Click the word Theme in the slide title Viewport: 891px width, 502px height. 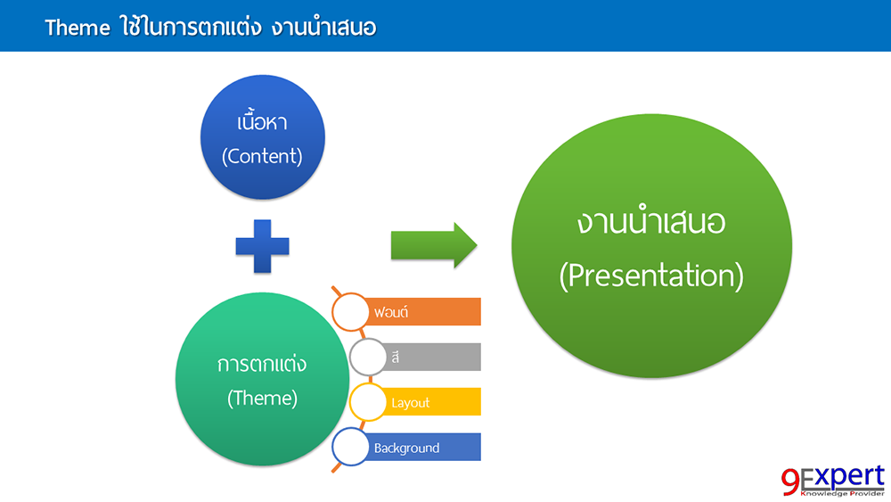pos(77,28)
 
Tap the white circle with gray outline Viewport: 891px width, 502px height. pos(368,357)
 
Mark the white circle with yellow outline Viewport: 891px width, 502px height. pos(368,402)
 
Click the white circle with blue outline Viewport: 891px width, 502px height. pos(350,448)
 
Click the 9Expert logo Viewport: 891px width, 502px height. pos(833,480)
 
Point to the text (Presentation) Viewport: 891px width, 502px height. pos(651,276)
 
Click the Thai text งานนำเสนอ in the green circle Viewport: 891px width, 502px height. pos(651,222)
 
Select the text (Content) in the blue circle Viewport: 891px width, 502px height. pos(262,156)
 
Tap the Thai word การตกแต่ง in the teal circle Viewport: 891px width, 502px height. pos(262,365)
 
